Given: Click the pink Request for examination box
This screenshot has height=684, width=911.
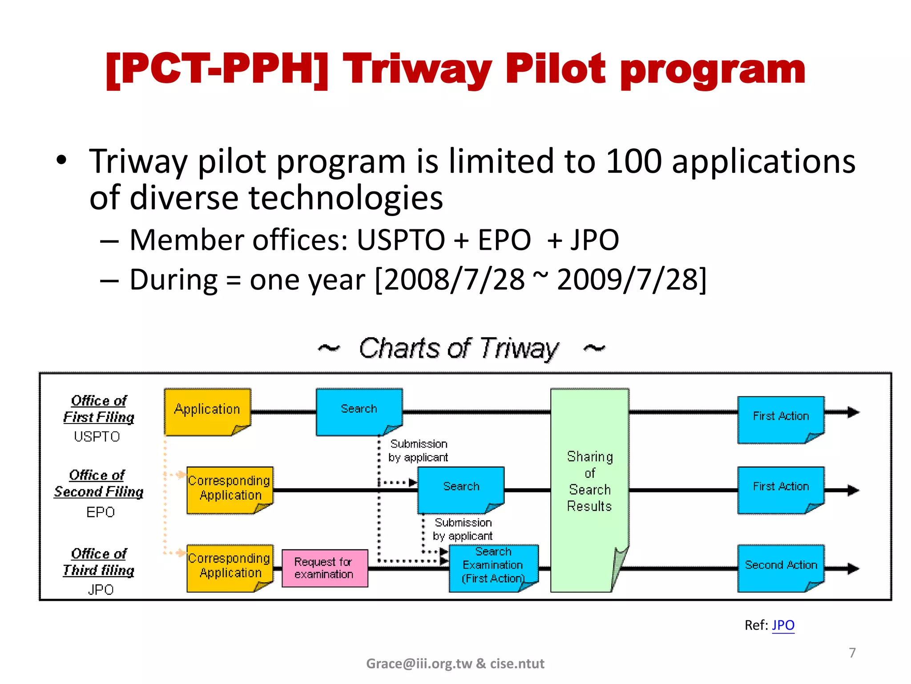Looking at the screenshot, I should click(325, 568).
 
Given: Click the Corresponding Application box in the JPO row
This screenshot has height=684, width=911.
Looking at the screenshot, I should click(230, 566).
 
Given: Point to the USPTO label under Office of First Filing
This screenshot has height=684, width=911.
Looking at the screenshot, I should click(97, 436).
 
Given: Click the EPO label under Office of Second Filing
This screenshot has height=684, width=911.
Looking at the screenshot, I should click(101, 512).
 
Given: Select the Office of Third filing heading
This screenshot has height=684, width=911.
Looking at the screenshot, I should click(99, 562).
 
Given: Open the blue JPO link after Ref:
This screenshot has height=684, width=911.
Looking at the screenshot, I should click(783, 625).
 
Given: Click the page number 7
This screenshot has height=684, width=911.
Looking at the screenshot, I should click(852, 653).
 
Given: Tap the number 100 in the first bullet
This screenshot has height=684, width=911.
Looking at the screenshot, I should click(633, 161).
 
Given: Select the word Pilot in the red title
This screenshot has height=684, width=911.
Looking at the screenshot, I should click(555, 69).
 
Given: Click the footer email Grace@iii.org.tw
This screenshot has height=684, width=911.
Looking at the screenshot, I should click(419, 664).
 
